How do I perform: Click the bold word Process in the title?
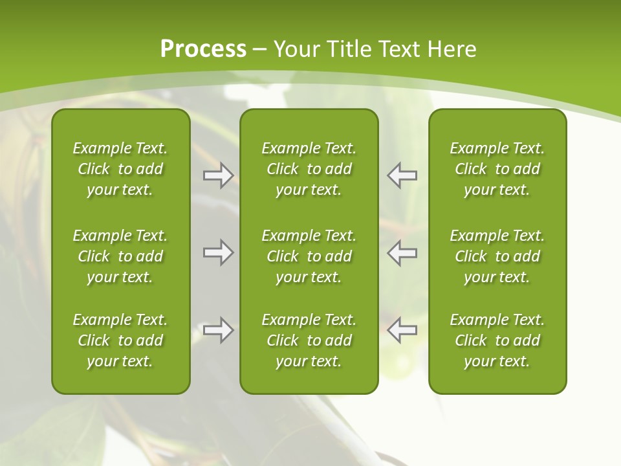[x=203, y=49]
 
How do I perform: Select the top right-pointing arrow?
[x=218, y=175]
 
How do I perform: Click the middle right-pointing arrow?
[x=218, y=252]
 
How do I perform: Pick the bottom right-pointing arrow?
[x=218, y=330]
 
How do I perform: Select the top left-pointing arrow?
[x=402, y=175]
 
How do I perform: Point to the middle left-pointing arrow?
[x=402, y=252]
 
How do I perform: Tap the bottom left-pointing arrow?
[x=402, y=330]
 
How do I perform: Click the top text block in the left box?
[x=120, y=169]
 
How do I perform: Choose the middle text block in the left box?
[x=120, y=256]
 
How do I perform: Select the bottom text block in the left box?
[x=120, y=340]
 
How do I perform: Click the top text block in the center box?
[x=309, y=169]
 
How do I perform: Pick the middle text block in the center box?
[x=309, y=256]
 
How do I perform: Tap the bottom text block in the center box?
[x=309, y=340]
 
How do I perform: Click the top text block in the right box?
[x=497, y=169]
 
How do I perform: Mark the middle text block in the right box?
[x=497, y=256]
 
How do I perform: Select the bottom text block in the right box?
[x=497, y=340]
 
